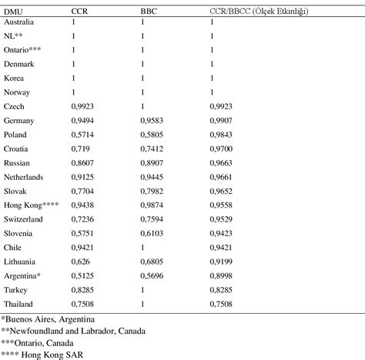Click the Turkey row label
tap(17, 288)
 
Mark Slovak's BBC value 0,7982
tap(152, 192)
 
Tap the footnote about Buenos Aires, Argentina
tap(48, 318)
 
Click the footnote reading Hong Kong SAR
tap(39, 353)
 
